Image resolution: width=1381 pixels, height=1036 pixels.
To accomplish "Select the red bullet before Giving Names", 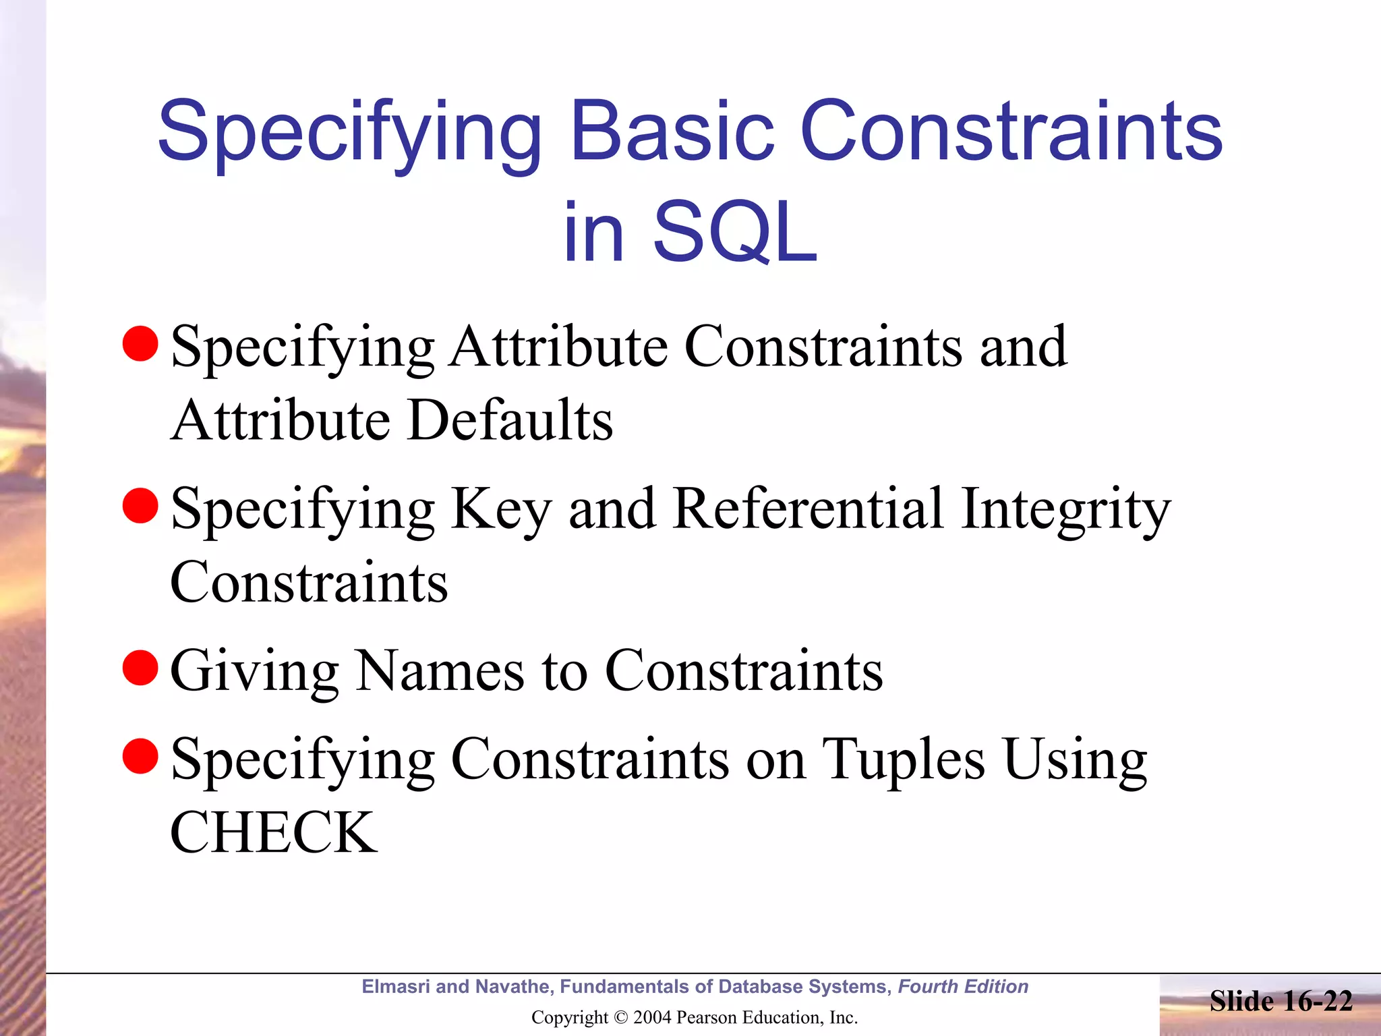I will click(x=140, y=668).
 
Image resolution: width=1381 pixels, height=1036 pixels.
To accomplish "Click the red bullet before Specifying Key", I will click(x=140, y=506).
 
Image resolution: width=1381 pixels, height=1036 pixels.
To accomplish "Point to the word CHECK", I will click(x=274, y=832).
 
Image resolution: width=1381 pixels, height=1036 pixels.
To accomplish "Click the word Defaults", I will click(x=510, y=420).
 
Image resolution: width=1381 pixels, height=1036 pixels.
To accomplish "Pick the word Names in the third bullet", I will click(x=440, y=670).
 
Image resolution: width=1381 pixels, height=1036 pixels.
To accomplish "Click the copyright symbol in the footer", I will click(x=621, y=1018).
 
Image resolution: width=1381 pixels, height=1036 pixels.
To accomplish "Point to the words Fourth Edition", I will click(x=963, y=987).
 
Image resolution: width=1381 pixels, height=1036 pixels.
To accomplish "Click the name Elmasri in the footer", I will click(x=396, y=987).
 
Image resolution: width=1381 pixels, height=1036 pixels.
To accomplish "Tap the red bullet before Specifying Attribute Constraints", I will click(x=140, y=343).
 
